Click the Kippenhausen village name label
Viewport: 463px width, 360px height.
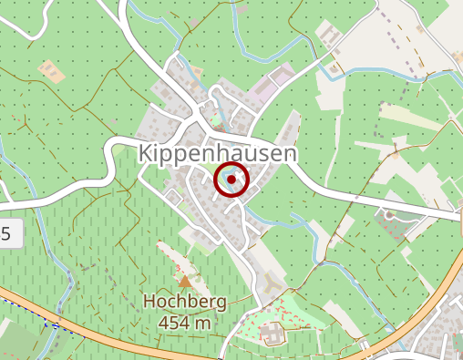219,153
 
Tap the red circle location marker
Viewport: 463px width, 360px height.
231,180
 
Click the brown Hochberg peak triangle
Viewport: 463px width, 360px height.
186,282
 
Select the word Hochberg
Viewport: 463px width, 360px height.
184,302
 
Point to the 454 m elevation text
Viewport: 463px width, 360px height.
184,322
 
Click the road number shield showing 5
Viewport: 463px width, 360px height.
7,235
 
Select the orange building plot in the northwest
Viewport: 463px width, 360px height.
49,71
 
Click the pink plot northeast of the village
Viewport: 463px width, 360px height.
274,87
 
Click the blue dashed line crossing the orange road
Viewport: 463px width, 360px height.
50,321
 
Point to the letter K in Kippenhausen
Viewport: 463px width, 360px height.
146,153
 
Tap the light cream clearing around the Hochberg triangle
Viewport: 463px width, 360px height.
178,264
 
